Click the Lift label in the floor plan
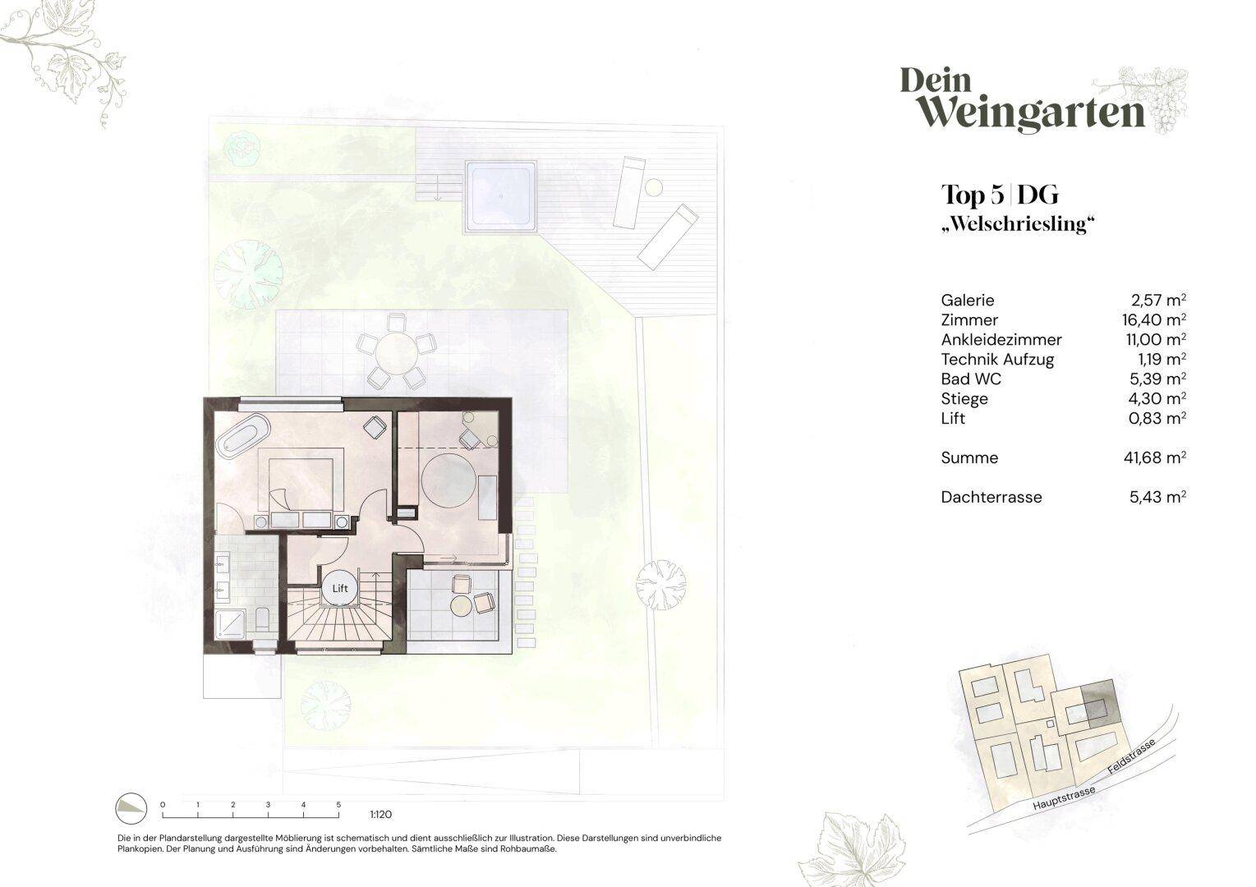(x=340, y=588)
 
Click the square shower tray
(x=230, y=624)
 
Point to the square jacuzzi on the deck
(x=500, y=195)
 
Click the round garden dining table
(x=397, y=353)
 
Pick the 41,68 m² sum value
(x=1154, y=457)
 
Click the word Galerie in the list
(x=967, y=300)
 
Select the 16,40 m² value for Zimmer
(x=1154, y=319)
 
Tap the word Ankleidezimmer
(x=1001, y=339)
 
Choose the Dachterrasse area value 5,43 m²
(x=1157, y=497)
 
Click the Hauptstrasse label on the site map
(x=1064, y=797)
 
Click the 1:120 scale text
(x=380, y=814)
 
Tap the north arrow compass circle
(x=131, y=808)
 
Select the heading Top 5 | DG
(x=1000, y=195)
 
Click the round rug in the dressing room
(x=449, y=480)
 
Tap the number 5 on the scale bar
(x=338, y=805)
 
